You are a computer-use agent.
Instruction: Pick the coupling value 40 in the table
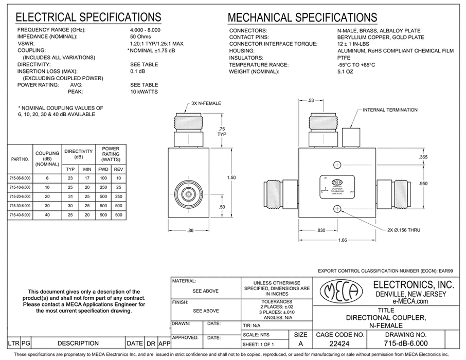[x=47, y=214]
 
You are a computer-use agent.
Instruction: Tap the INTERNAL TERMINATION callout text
[x=390, y=110]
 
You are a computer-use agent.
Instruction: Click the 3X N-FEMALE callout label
[x=206, y=103]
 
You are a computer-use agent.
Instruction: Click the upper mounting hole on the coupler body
[x=337, y=165]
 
